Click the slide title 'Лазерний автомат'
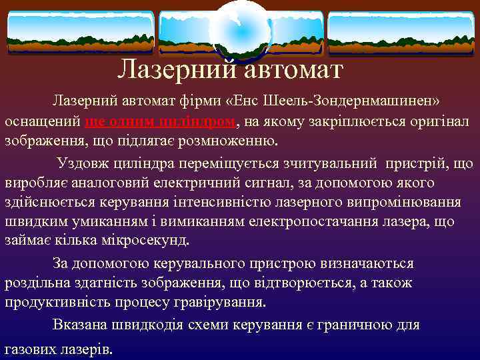coord(230,69)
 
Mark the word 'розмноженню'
coord(233,142)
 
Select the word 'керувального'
coord(194,264)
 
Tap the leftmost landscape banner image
coord(80,32)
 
